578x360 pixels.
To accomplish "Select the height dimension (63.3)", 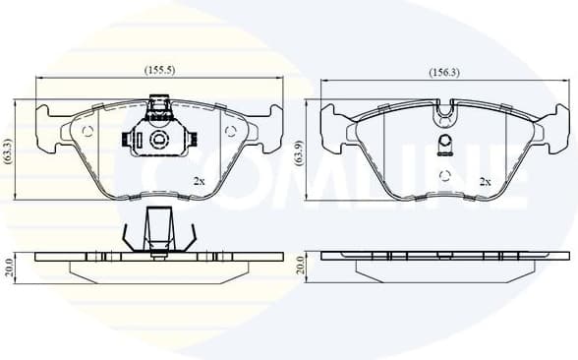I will pos(9,148).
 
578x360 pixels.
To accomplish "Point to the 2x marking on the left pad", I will pos(199,181).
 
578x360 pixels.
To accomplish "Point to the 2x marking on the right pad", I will pos(484,182).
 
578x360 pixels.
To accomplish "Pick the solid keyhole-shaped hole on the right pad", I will pos(447,148).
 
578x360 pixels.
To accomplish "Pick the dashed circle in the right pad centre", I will pos(447,175).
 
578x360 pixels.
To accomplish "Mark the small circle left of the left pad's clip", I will pos(87,131).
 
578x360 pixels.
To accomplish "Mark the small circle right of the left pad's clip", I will pos(232,131).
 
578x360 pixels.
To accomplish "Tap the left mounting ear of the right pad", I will pos(334,125).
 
